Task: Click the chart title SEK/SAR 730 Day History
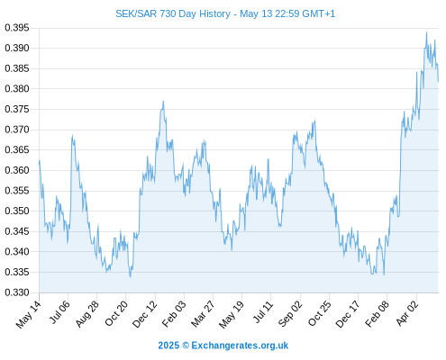(x=173, y=13)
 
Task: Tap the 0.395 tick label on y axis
(x=17, y=28)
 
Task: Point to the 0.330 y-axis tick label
(x=17, y=292)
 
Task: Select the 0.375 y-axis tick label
(x=17, y=109)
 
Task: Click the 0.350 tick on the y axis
(x=17, y=211)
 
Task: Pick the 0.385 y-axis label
(x=17, y=68)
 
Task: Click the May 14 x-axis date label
(x=29, y=314)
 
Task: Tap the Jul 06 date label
(x=59, y=312)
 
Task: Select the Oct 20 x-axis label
(x=116, y=313)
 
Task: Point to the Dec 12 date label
(x=145, y=314)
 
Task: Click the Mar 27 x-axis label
(x=203, y=313)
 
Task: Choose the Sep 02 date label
(x=290, y=314)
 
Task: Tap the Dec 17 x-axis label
(x=348, y=314)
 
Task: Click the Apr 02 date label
(x=407, y=313)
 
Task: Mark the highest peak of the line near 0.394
(x=426, y=32)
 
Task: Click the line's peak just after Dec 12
(x=163, y=101)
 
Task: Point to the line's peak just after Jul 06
(x=72, y=136)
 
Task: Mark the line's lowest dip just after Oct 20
(x=131, y=276)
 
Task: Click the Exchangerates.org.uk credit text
(x=240, y=346)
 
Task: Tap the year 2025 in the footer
(x=168, y=346)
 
